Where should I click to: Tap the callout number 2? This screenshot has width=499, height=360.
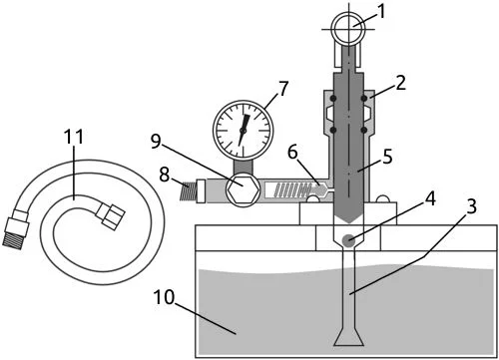(x=400, y=83)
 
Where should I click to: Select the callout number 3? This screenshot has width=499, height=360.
(x=471, y=206)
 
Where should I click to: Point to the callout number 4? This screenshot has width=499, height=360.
(x=429, y=199)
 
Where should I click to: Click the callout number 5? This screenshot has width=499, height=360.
(x=387, y=157)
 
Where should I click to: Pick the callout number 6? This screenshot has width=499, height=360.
(x=292, y=153)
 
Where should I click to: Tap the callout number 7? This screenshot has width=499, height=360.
(x=283, y=89)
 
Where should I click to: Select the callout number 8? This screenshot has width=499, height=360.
(x=165, y=175)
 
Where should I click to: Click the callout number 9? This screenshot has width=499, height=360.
(x=156, y=142)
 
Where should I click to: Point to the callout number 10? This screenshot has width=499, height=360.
(x=164, y=297)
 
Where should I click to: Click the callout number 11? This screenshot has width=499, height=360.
(x=73, y=137)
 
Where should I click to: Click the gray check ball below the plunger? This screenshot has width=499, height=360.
(x=348, y=240)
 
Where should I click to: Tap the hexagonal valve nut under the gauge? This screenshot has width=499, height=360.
(x=243, y=189)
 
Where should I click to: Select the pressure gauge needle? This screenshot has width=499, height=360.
(x=244, y=130)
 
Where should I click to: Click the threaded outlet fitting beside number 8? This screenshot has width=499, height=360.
(x=188, y=190)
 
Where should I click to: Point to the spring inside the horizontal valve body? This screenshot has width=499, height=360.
(x=291, y=189)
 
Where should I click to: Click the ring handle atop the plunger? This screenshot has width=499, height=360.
(x=348, y=29)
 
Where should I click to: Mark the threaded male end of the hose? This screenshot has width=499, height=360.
(x=13, y=239)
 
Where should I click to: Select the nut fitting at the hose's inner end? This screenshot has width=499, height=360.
(x=113, y=216)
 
